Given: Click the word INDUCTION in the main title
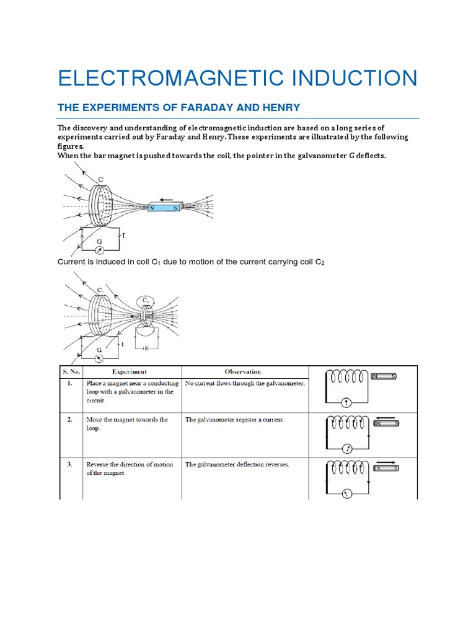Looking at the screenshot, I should coord(348,78).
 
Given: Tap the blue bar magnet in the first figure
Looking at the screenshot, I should coord(164,208).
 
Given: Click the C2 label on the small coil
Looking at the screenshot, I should coord(146,300).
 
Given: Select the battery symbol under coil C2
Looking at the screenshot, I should coord(147,349).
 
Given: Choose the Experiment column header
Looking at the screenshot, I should coord(130,372).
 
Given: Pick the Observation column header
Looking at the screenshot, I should coord(243,372).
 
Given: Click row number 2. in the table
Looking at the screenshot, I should coord(71,420).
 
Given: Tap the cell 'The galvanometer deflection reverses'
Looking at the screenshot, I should coord(237,464).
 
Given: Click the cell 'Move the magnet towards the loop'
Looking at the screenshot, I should coord(127,424).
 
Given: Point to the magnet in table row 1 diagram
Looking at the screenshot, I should coord(384,376).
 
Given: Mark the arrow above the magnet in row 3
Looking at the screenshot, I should coord(385,461).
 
